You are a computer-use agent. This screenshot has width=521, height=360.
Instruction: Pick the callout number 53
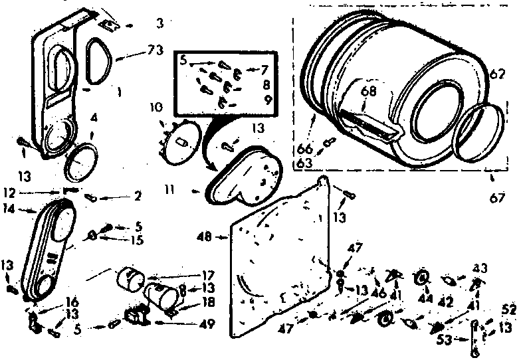tap(443, 340)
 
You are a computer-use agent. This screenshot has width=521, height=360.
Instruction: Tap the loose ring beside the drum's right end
tap(477, 134)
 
